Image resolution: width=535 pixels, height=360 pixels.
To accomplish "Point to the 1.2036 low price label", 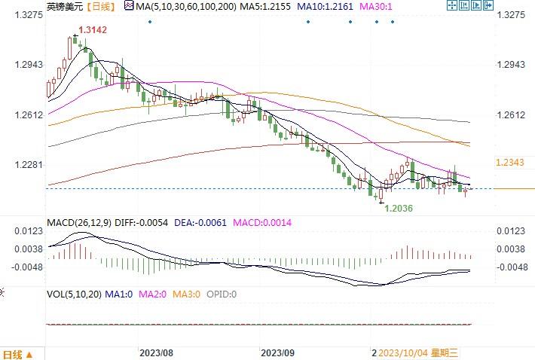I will pos(399,208).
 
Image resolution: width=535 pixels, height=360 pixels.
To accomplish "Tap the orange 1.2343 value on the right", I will pos(508,163).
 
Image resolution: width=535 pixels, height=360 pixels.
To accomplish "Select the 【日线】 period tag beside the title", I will pos(99,6).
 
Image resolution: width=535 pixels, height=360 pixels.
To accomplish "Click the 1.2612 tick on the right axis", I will pos(510,114).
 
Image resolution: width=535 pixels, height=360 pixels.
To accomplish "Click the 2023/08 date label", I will pos(157,352).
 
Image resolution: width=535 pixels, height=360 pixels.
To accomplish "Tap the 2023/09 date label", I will pos(277,352).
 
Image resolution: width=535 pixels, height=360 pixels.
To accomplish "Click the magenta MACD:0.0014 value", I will pos(261,223).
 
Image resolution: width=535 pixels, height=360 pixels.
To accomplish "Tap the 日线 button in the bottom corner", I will pos(17,353).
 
